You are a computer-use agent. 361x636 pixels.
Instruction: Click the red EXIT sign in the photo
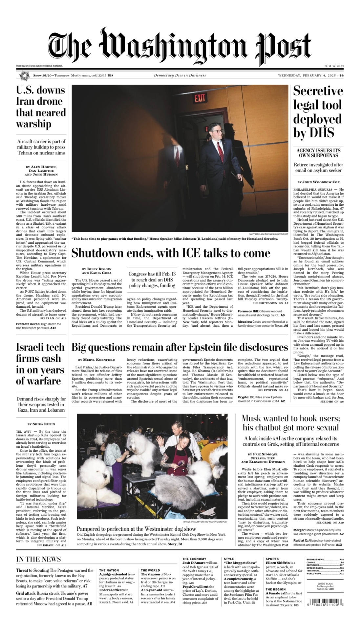click(x=200, y=98)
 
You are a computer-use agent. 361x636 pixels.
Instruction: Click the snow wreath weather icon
click(x=24, y=76)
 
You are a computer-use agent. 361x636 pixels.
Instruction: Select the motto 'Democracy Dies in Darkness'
click(x=180, y=75)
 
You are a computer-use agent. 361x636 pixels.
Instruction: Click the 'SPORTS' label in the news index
click(x=272, y=559)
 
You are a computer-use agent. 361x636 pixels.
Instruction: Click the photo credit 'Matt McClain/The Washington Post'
click(x=269, y=234)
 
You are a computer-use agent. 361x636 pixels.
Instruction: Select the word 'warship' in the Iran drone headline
click(x=34, y=124)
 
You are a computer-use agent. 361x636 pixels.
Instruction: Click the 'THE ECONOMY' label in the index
click(x=194, y=559)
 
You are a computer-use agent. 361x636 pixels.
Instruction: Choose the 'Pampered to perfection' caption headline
click(x=136, y=529)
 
